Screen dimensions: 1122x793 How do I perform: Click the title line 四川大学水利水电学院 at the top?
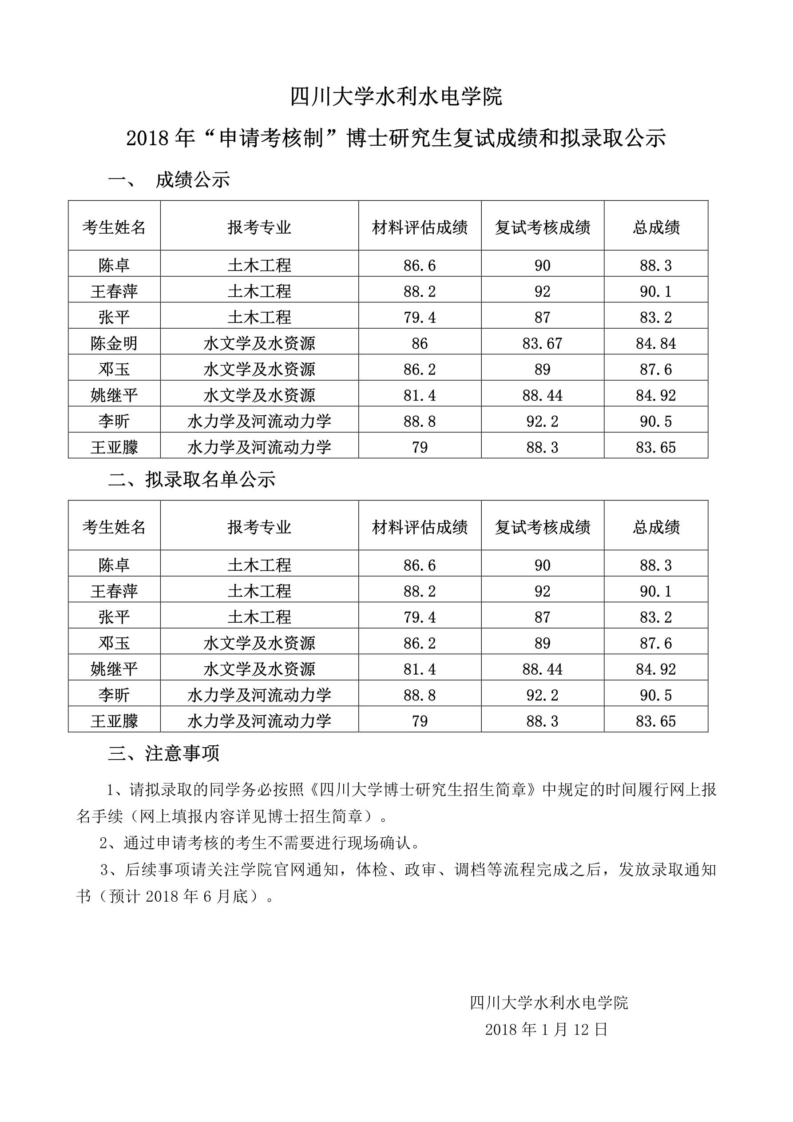click(396, 97)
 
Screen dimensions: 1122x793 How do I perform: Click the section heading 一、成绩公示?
click(169, 180)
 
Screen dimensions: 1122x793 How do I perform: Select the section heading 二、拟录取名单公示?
click(191, 479)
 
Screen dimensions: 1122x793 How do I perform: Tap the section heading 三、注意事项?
click(163, 753)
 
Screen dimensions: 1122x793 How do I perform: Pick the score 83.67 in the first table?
click(542, 343)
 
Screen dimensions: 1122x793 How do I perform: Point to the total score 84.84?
click(656, 343)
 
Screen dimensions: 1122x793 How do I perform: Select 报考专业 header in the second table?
click(259, 527)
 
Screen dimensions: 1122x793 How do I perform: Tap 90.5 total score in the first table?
click(656, 421)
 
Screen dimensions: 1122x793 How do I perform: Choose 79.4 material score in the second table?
click(419, 617)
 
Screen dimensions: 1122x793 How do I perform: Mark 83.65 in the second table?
click(656, 721)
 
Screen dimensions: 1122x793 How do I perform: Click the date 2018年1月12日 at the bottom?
click(546, 1030)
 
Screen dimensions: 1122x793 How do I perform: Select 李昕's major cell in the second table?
click(259, 695)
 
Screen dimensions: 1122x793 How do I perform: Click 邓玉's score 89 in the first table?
click(542, 370)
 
